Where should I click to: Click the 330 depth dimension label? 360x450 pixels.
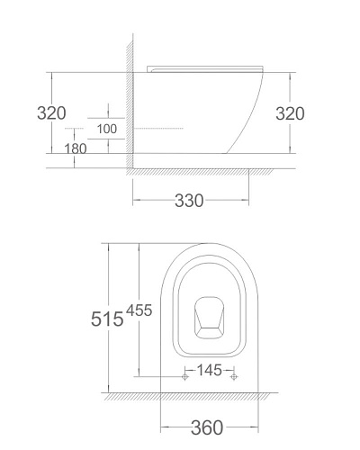click(x=189, y=201)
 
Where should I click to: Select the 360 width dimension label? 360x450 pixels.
click(x=207, y=427)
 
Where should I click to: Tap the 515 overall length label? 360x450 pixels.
click(x=107, y=319)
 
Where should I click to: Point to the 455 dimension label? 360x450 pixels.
click(x=139, y=310)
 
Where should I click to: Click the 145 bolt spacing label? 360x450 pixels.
click(x=209, y=370)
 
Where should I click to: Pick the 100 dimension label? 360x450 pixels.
click(x=107, y=129)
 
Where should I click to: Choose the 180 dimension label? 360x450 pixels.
click(x=76, y=148)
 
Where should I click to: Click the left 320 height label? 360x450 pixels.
click(x=51, y=113)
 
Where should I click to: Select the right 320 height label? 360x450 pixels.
click(x=290, y=113)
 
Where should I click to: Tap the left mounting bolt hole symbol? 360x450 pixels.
click(x=185, y=376)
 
